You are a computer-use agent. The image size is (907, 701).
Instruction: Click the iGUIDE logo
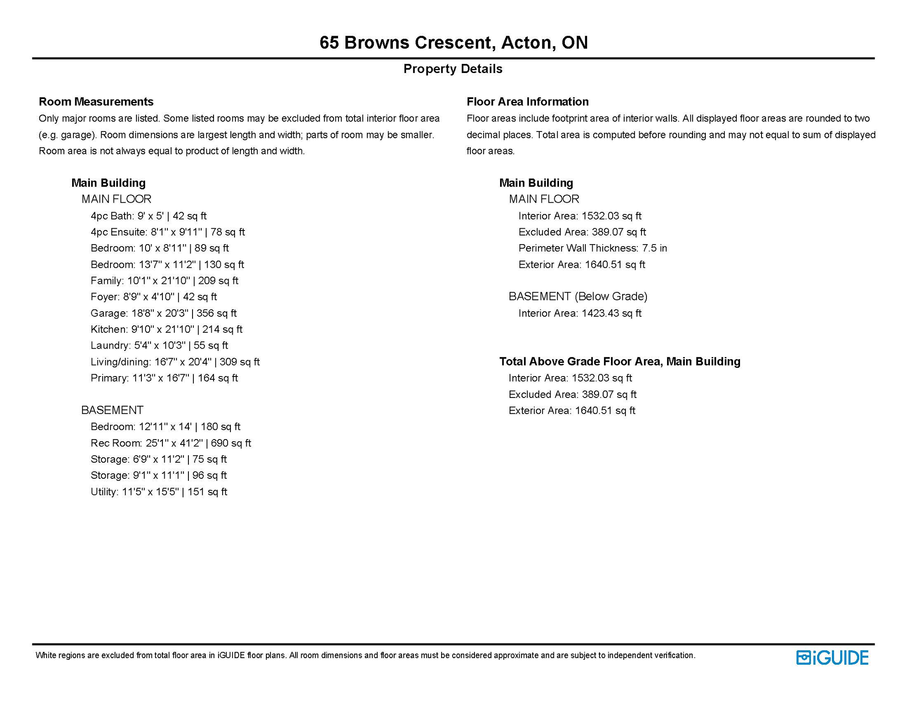coord(832,658)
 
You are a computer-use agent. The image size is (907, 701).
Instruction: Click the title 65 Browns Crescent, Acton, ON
coord(453,42)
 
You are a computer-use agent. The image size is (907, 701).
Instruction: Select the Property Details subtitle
coord(453,69)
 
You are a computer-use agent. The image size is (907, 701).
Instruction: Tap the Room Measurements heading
coord(96,101)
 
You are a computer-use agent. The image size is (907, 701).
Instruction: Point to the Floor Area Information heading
coord(527,101)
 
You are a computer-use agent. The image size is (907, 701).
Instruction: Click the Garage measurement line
coord(163,313)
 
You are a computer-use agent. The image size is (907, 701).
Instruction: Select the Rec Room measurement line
coord(171,443)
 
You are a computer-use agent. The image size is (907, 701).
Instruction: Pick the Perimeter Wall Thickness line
coord(592,248)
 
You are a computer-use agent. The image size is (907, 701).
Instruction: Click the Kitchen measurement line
coord(166,330)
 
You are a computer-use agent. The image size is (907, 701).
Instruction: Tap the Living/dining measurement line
coord(175,362)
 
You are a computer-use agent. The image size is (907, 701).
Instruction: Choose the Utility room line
coord(159,492)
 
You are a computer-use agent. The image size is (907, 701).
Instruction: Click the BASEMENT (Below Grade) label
coord(578,297)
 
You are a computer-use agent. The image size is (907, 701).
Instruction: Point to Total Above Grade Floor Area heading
coord(620,361)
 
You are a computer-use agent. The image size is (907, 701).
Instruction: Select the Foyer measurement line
coord(153,297)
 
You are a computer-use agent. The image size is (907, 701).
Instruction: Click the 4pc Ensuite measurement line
coord(167,232)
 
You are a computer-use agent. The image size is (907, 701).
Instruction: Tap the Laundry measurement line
coord(159,345)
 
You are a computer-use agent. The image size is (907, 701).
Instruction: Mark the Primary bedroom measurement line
coord(164,378)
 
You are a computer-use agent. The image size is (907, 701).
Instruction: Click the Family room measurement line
coord(164,281)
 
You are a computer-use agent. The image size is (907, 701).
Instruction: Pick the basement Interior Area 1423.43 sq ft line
coord(579,313)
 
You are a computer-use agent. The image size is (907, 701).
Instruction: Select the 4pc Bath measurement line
coord(148,216)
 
